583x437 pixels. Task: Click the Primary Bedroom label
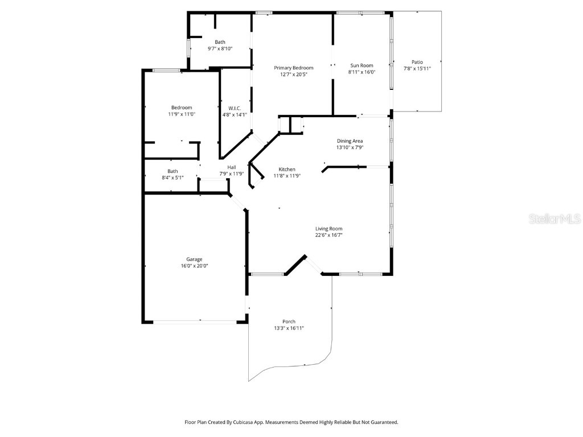point(293,68)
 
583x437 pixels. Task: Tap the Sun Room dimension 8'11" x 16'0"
point(362,72)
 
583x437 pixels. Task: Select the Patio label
point(417,62)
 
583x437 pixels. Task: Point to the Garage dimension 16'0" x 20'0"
point(195,266)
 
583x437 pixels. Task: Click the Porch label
point(289,321)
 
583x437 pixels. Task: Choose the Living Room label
point(329,229)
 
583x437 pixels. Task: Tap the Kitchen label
point(287,170)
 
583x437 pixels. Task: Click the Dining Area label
point(350,141)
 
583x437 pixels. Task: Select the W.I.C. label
point(234,108)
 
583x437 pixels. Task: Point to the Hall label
point(231,167)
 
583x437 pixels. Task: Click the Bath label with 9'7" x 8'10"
point(220,42)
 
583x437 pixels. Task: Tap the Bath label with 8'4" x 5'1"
point(173,171)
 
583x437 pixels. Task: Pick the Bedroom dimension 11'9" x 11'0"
point(182,114)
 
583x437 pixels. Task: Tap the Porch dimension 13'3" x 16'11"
point(289,328)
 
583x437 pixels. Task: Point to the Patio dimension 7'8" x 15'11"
point(417,69)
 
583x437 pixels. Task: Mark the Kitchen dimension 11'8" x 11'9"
point(287,176)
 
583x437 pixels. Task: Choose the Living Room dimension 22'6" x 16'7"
point(329,235)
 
